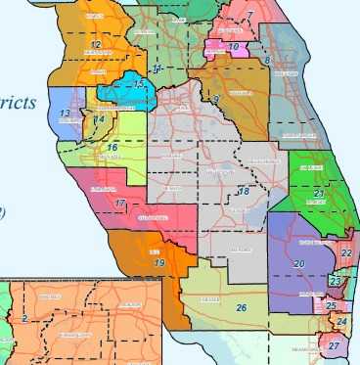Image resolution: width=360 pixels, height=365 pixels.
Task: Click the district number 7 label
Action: click(x=250, y=15)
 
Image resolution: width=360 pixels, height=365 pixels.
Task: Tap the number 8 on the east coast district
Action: click(x=267, y=62)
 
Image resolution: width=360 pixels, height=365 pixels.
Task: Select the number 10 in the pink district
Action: click(x=233, y=46)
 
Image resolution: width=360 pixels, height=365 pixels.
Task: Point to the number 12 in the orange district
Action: click(x=95, y=45)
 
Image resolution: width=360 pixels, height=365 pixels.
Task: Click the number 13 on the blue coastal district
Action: click(x=65, y=114)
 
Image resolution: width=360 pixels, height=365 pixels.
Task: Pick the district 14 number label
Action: click(x=100, y=119)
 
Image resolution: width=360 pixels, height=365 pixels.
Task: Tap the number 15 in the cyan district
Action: click(x=141, y=85)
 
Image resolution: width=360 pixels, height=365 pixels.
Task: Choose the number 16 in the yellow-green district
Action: click(x=112, y=148)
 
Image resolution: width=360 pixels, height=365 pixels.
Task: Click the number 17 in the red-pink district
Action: click(x=119, y=204)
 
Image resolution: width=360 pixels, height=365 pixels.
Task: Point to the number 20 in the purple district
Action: click(x=298, y=264)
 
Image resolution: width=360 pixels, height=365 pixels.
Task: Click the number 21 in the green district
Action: click(x=319, y=193)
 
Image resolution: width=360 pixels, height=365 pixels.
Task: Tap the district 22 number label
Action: click(x=348, y=252)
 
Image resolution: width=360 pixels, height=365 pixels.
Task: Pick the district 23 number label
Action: click(x=336, y=282)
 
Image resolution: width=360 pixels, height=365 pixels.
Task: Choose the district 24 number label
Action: click(x=341, y=321)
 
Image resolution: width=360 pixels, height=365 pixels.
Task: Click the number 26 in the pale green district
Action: click(x=241, y=308)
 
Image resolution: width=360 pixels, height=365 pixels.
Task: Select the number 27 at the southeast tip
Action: click(x=335, y=346)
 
